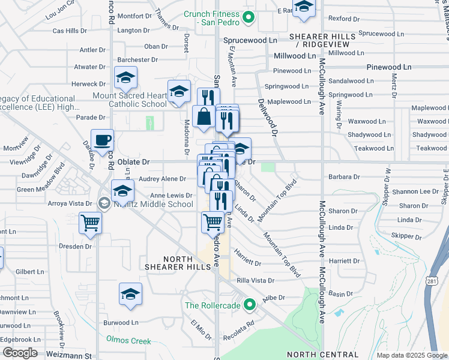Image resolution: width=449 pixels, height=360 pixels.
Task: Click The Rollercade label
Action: [x=212, y=305]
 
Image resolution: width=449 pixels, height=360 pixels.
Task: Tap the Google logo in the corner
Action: [x=19, y=352]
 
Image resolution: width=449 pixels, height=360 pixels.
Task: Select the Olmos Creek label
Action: [x=128, y=341]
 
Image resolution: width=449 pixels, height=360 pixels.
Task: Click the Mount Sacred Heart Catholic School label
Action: [x=129, y=100]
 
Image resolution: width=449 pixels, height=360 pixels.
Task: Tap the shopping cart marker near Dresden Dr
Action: [x=90, y=224]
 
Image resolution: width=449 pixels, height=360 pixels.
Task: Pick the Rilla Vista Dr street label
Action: [x=255, y=280]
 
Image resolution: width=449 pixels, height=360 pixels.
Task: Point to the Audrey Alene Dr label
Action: [x=162, y=179]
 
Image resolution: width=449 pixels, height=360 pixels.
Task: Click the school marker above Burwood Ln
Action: [x=130, y=295]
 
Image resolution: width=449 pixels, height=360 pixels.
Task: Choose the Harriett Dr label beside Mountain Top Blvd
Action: [x=247, y=263]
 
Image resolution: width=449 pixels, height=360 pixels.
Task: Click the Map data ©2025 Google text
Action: [x=412, y=355]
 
